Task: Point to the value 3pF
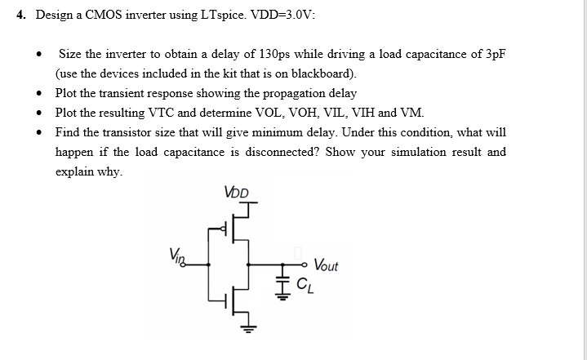(x=494, y=54)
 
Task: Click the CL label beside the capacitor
(x=304, y=284)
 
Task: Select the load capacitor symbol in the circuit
(x=285, y=282)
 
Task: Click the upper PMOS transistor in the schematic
(x=232, y=231)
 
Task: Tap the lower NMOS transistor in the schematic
(x=232, y=300)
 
